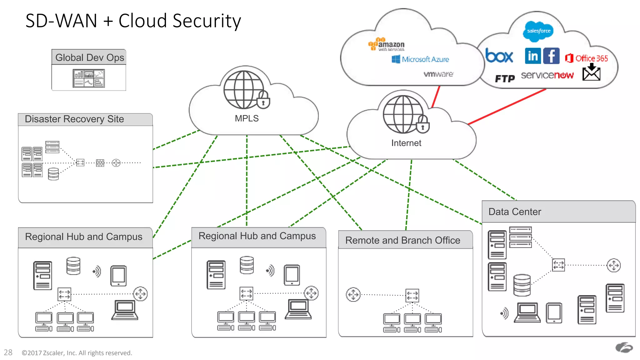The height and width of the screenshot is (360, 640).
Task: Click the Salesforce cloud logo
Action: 538,31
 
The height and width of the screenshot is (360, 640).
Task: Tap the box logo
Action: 499,56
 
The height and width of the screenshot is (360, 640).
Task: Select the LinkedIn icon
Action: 533,56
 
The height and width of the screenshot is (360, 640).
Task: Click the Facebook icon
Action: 551,56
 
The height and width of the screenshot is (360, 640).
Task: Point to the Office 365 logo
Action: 587,58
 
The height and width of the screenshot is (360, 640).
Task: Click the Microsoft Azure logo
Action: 420,59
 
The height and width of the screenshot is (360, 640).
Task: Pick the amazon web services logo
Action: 387,44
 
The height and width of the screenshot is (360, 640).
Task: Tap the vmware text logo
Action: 438,74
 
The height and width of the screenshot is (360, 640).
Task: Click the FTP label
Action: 505,78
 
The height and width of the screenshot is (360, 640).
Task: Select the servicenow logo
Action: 547,75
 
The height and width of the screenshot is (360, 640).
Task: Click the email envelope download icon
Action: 591,72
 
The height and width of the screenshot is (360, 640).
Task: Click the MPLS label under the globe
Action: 247,118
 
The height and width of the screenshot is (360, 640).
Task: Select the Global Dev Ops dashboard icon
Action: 89,78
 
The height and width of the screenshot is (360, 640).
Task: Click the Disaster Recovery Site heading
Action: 74,119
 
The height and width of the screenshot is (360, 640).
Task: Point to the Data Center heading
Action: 515,212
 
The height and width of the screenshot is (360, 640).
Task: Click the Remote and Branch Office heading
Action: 402,240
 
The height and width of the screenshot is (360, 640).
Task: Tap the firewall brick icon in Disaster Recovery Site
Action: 100,163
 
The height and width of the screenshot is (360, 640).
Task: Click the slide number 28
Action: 8,352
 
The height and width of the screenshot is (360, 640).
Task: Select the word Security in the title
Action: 207,21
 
